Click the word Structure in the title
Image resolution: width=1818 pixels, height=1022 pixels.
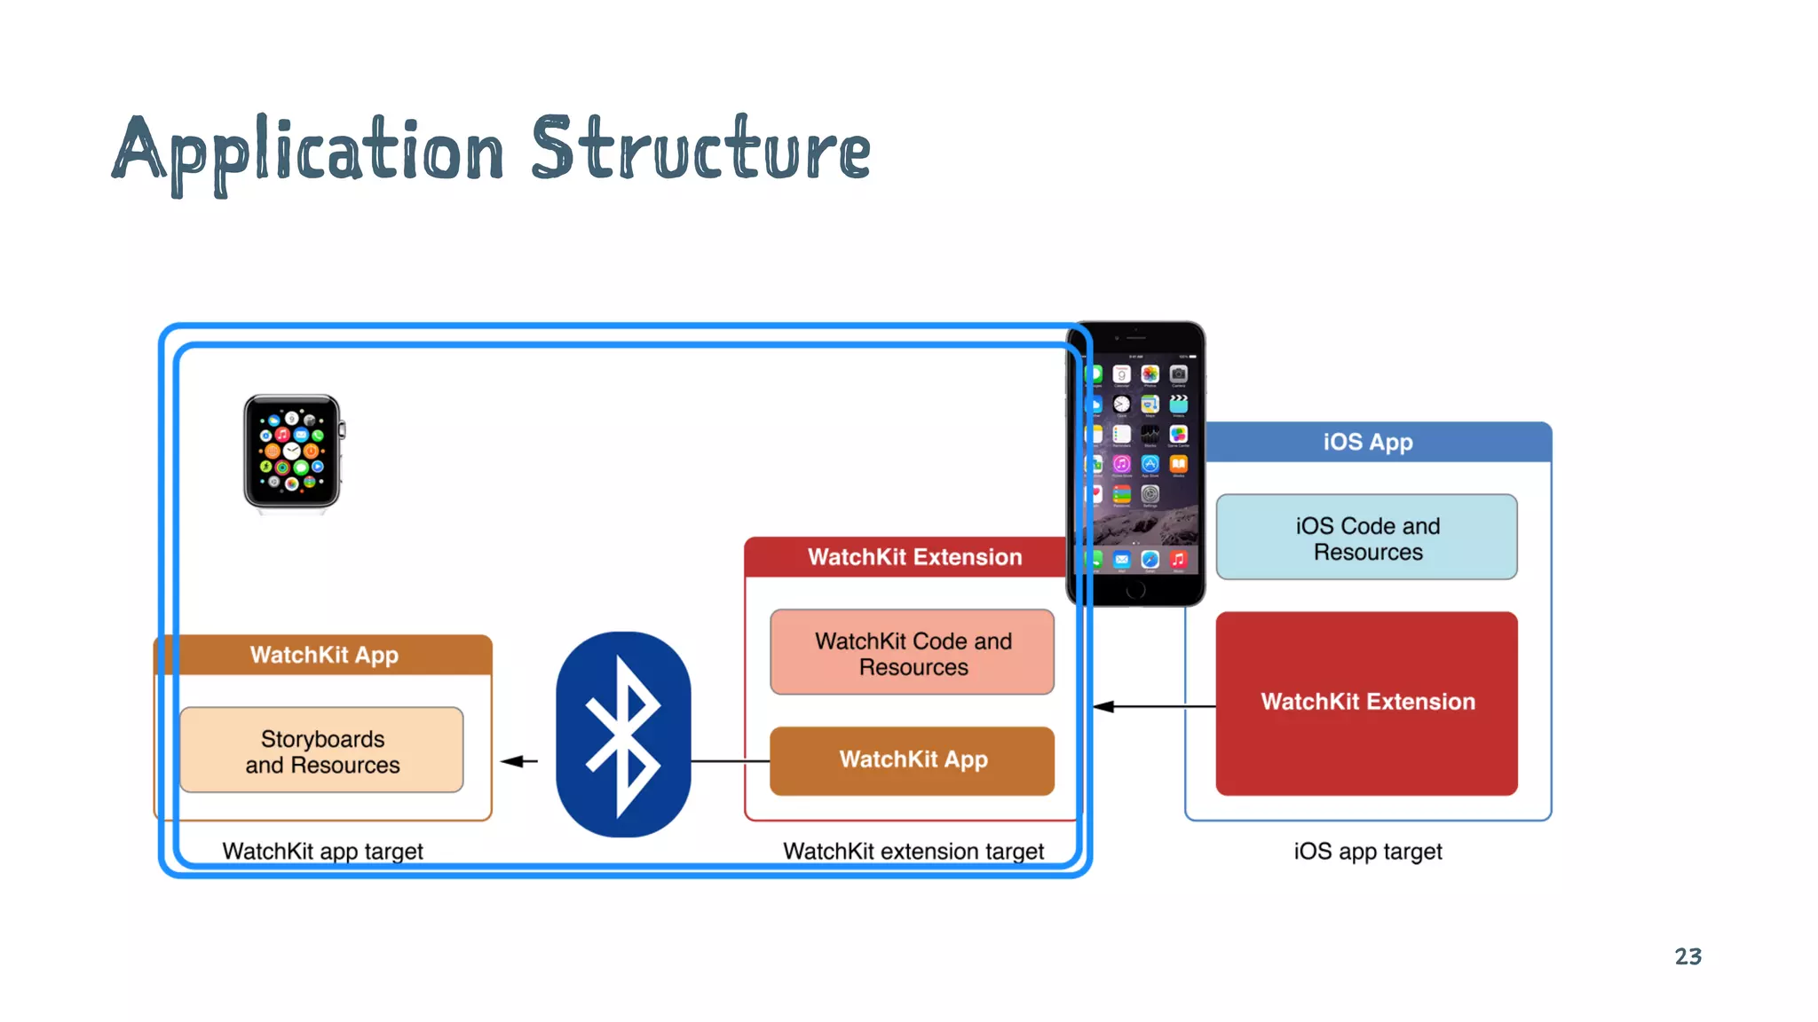tap(700, 149)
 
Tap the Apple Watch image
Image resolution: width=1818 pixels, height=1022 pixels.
tap(292, 452)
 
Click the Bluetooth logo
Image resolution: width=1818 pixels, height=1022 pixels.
tap(623, 735)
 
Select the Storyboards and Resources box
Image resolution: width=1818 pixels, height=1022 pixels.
tap(321, 751)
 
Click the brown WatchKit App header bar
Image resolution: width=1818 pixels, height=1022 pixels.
tap(324, 655)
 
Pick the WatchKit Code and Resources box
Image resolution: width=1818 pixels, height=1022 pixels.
tap(913, 653)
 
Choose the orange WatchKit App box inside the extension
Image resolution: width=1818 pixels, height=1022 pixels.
tap(913, 760)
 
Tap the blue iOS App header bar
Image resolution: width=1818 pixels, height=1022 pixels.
tap(1368, 442)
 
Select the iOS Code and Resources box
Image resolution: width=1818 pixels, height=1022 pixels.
tap(1367, 538)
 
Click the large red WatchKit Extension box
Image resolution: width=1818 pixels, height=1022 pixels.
tap(1367, 703)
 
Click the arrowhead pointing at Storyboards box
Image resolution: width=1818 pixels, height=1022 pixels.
tap(515, 761)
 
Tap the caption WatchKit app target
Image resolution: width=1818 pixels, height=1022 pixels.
tap(322, 851)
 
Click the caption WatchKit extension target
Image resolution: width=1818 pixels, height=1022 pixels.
tap(913, 851)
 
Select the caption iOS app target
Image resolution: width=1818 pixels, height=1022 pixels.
tap(1367, 851)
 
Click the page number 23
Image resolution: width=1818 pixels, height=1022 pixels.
tap(1688, 956)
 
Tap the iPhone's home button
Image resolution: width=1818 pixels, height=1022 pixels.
tap(1136, 590)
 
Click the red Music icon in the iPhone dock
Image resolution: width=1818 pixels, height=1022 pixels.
tap(1178, 559)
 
